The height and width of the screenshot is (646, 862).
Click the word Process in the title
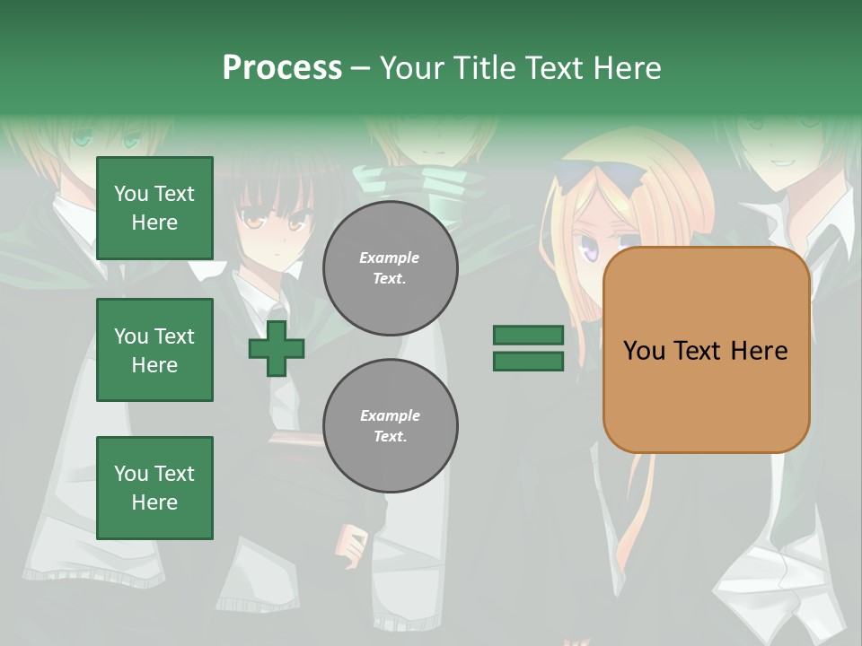click(x=282, y=68)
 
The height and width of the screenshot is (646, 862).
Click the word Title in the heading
click(x=477, y=68)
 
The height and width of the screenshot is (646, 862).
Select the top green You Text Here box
click(x=154, y=208)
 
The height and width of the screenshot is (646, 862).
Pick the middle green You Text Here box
click(x=154, y=350)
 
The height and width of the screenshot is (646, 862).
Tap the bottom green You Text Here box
click(x=154, y=488)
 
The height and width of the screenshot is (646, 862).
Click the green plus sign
click(x=276, y=349)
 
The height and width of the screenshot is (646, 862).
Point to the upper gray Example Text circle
click(x=390, y=268)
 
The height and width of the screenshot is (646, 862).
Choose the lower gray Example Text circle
click(x=390, y=426)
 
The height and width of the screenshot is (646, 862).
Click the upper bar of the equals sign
click(x=528, y=335)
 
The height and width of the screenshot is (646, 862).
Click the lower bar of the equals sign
click(x=528, y=362)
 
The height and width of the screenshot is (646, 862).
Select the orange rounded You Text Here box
click(x=706, y=350)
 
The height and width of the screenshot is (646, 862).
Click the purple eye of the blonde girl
click(x=591, y=252)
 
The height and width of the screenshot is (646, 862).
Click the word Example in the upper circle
click(x=389, y=258)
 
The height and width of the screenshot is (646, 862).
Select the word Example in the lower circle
click(x=390, y=415)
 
